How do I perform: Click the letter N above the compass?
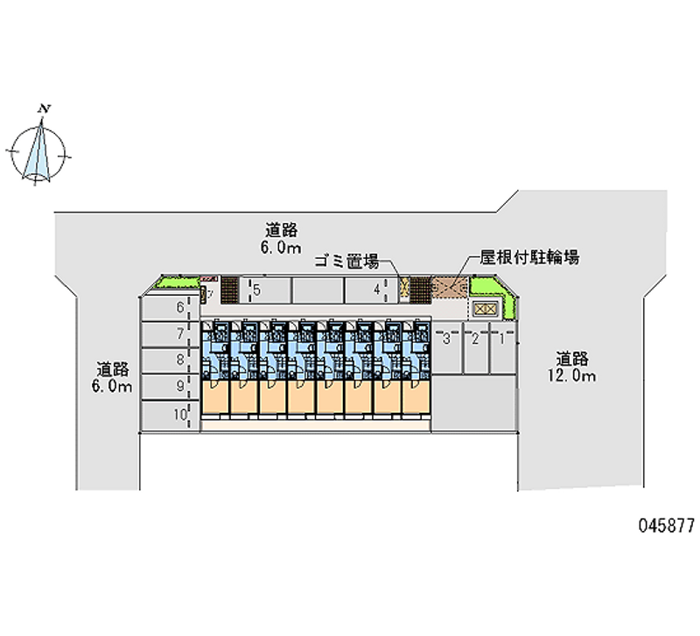pos(43,108)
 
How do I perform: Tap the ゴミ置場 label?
pos(346,260)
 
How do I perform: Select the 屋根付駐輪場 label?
pos(528,258)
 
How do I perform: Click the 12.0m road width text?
pos(575,376)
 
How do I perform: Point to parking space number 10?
pos(180,416)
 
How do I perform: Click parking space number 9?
pos(179,386)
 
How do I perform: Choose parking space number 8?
pos(179,360)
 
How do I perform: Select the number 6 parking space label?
pos(179,307)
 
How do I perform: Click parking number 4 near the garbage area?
pos(376,289)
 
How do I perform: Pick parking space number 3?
pos(446,339)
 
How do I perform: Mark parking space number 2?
pos(475,339)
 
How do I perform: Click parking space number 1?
pos(501,339)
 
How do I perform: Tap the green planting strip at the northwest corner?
pos(178,283)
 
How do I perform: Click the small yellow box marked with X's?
pos(484,309)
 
